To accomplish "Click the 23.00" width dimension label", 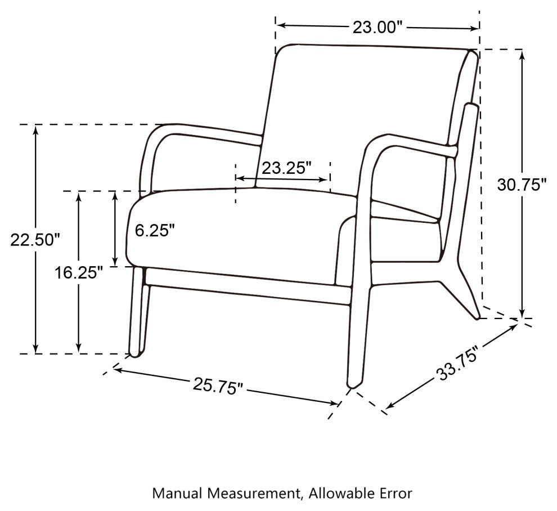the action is pyautogui.click(x=378, y=28).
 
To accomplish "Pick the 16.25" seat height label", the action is pyautogui.click(x=79, y=273).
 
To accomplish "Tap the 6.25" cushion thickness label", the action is pyautogui.click(x=155, y=230).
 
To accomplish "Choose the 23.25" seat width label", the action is pyautogui.click(x=286, y=168).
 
